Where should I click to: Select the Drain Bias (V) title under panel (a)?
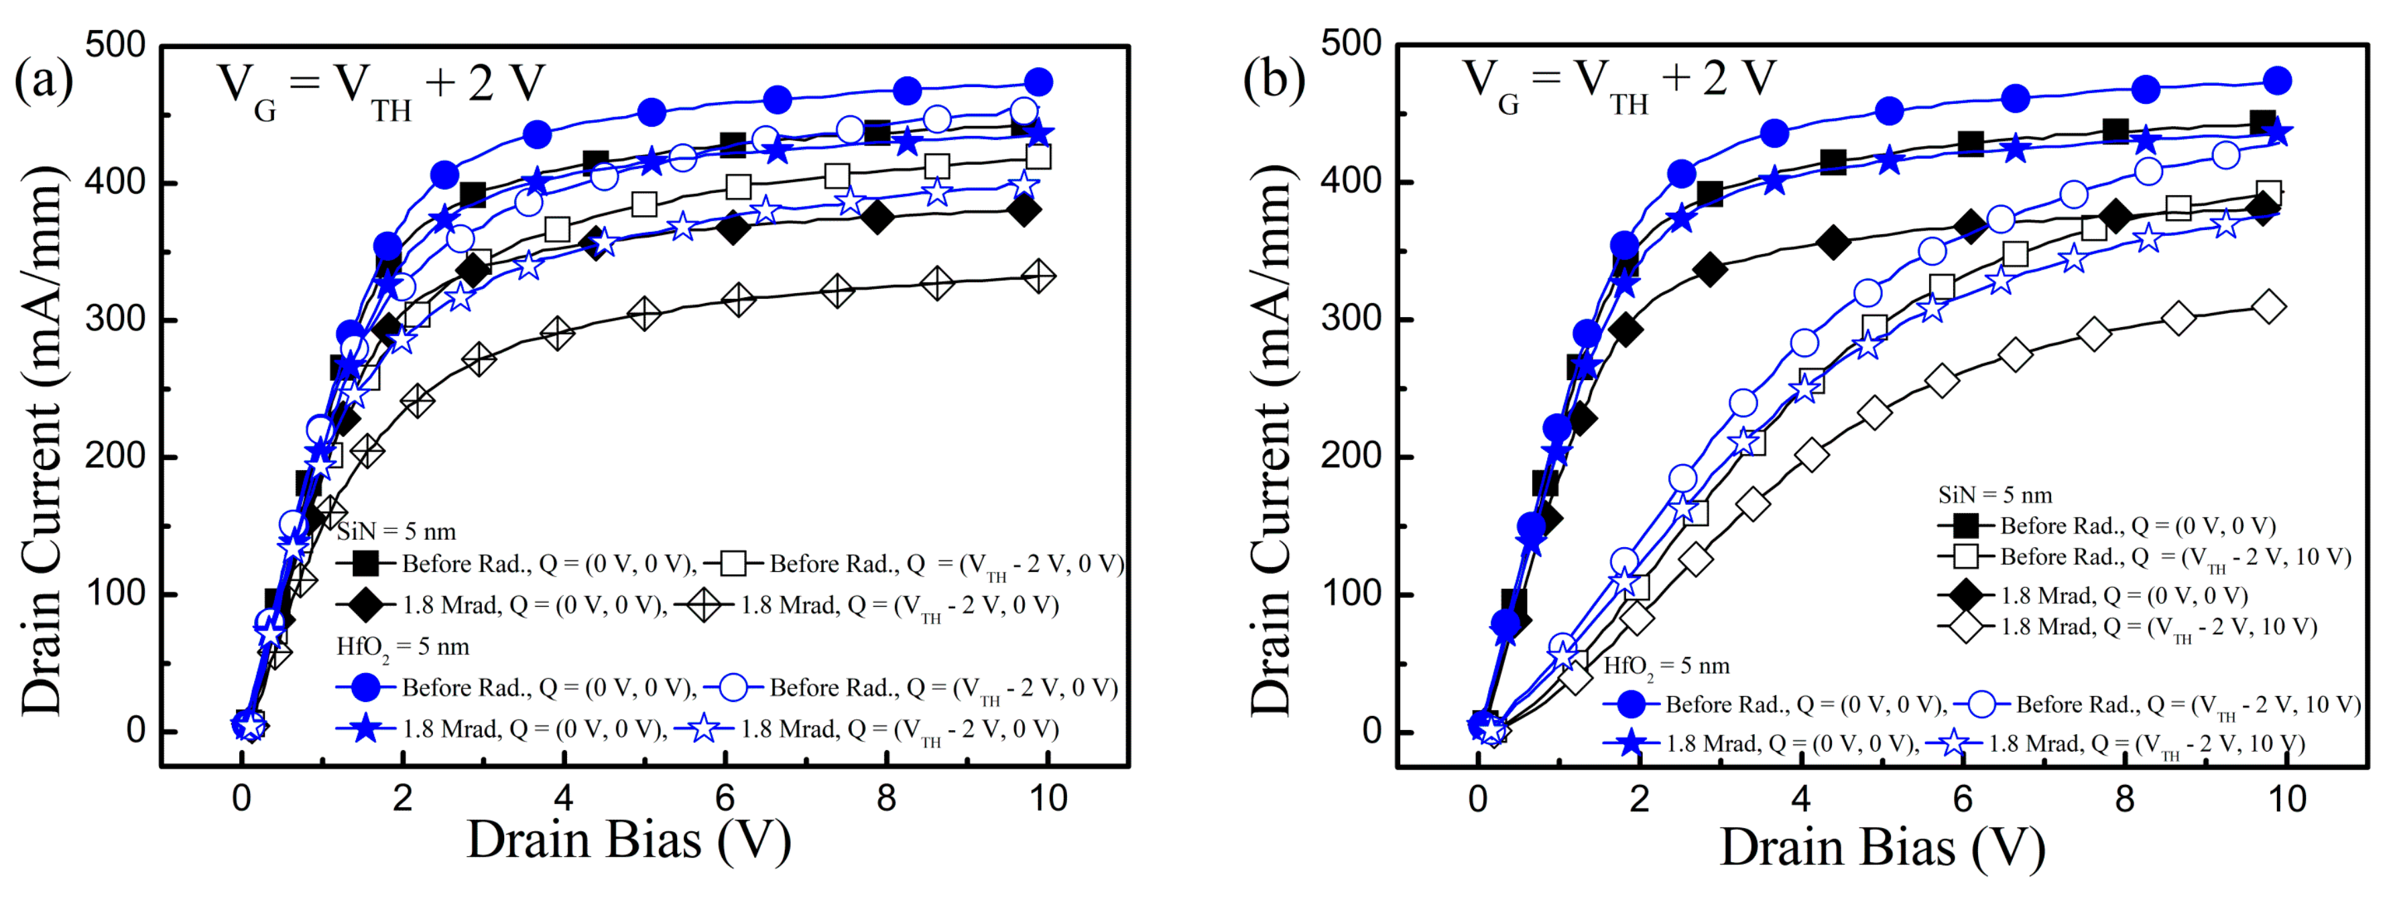(x=628, y=840)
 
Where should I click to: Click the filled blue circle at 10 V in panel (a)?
(x=1038, y=82)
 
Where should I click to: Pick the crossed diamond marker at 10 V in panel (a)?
(x=1038, y=276)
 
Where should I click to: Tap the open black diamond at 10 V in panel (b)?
(x=2268, y=307)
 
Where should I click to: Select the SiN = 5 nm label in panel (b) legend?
(x=1994, y=495)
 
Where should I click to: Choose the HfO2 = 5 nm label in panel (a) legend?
(x=402, y=647)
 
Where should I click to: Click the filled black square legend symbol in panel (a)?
(x=366, y=563)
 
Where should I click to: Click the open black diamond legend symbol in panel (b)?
(x=1965, y=627)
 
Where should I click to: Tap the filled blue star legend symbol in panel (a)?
(x=366, y=729)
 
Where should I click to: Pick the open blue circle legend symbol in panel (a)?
(x=733, y=688)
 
